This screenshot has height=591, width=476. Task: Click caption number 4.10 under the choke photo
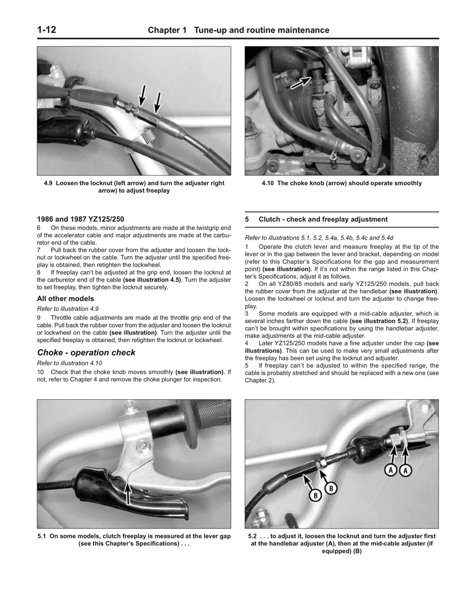point(269,184)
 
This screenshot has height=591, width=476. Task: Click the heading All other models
point(65,299)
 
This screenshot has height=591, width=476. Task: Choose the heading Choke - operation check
point(86,353)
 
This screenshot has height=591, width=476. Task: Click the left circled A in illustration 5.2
point(391,470)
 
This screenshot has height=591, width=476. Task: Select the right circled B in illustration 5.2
point(331,488)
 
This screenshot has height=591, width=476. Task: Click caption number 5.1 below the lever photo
point(42,536)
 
